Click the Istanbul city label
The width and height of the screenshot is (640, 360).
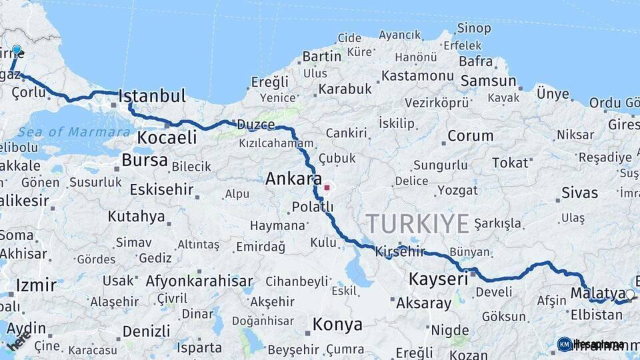click(x=152, y=96)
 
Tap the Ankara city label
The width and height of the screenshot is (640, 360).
click(x=293, y=179)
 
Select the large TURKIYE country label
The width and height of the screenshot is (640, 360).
click(x=417, y=224)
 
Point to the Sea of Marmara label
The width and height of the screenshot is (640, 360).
click(x=74, y=132)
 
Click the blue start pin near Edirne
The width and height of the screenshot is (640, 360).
click(x=17, y=51)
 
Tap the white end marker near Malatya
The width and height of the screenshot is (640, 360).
click(x=630, y=294)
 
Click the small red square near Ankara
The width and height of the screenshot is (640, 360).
click(x=327, y=188)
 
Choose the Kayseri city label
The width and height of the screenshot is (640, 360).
click(x=438, y=279)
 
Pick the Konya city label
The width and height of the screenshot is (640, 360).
click(x=337, y=325)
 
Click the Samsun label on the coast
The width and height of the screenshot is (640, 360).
click(x=488, y=81)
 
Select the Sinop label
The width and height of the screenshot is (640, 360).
click(x=474, y=29)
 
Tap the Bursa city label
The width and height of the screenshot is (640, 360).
click(x=145, y=161)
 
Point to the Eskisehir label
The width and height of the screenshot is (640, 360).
click(x=161, y=190)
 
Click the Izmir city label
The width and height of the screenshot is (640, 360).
click(x=36, y=285)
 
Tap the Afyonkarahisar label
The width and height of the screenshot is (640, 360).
click(x=199, y=281)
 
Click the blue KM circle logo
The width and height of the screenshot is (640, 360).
click(x=565, y=344)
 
